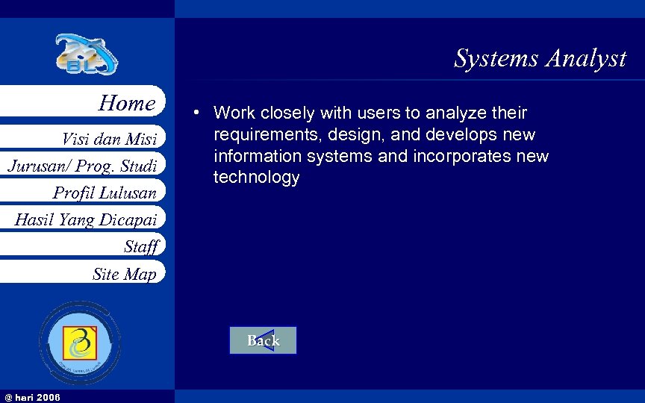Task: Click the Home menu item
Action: click(x=127, y=103)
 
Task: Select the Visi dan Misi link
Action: click(x=109, y=140)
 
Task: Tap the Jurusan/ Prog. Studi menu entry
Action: click(x=82, y=166)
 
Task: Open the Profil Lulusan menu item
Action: click(x=105, y=193)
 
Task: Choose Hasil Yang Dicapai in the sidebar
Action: click(x=85, y=219)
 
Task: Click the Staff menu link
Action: click(x=141, y=246)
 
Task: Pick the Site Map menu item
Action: click(x=124, y=274)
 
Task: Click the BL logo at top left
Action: click(x=86, y=54)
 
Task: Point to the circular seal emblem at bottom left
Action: click(x=80, y=343)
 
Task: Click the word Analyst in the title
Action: click(x=585, y=58)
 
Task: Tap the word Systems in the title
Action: click(x=496, y=58)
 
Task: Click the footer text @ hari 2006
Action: click(x=33, y=396)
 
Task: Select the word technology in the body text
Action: click(x=256, y=178)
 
